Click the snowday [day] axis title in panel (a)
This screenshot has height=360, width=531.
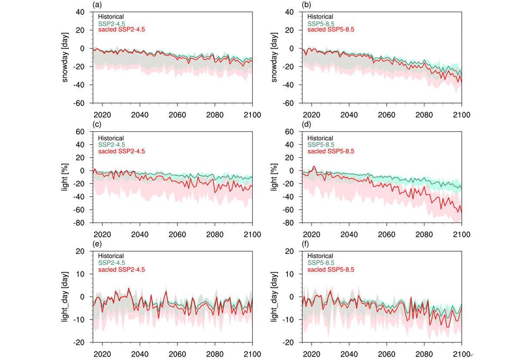coord(66,57)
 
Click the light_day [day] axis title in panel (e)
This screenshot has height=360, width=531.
coord(65,297)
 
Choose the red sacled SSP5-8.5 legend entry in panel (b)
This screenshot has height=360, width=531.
coord(331,30)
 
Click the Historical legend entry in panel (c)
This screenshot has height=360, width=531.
coord(111,138)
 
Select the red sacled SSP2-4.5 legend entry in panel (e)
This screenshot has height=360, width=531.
coord(121,270)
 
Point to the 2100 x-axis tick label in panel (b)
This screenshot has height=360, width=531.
coord(461,115)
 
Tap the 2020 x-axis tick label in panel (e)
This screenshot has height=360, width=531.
coord(103,354)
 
